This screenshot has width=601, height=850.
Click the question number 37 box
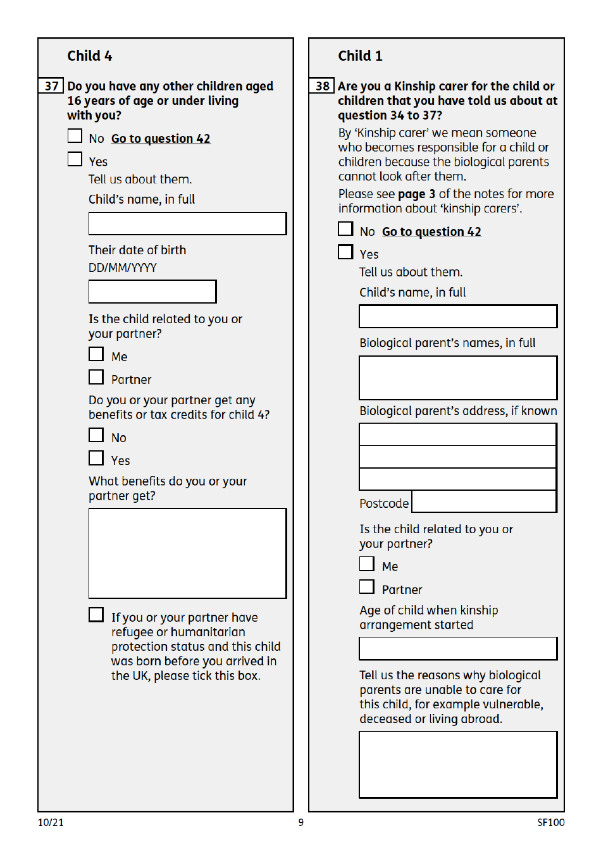point(51,86)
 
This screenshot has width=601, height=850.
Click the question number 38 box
point(322,86)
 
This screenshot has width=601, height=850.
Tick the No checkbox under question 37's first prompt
point(75,137)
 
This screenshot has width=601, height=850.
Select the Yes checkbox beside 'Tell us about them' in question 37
point(75,159)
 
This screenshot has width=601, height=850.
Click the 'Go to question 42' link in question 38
point(431,232)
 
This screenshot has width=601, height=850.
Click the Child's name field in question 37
point(187,224)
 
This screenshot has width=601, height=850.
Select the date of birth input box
point(152,292)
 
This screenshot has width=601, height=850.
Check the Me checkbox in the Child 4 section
point(96,354)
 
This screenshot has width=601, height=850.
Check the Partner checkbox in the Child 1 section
point(367,587)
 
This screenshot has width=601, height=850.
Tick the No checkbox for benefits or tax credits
point(96,435)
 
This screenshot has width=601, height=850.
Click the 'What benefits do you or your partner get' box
point(187,553)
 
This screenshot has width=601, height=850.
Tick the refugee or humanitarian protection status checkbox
point(96,615)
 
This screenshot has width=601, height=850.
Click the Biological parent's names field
point(458,378)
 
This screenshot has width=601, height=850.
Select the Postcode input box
point(484,502)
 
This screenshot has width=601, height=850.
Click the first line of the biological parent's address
point(457,434)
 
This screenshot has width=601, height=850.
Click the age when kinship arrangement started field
point(458,648)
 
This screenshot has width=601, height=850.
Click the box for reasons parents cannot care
point(458,765)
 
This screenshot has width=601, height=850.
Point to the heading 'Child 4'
point(90,56)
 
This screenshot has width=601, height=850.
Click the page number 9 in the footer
point(301,822)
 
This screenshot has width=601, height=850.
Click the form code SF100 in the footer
point(550,822)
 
